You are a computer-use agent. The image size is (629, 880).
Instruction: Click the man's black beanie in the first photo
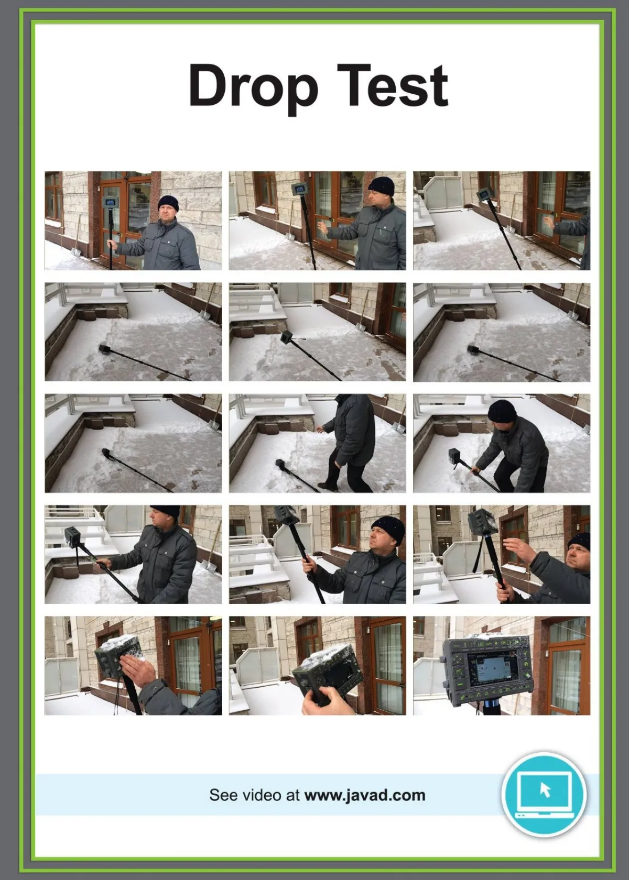168,203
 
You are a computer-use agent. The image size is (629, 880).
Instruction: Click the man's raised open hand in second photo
324,228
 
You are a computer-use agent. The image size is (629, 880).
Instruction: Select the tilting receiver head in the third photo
483,193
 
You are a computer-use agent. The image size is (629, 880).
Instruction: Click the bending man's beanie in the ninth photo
502,411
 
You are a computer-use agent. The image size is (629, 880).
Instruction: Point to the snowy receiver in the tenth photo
73,536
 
